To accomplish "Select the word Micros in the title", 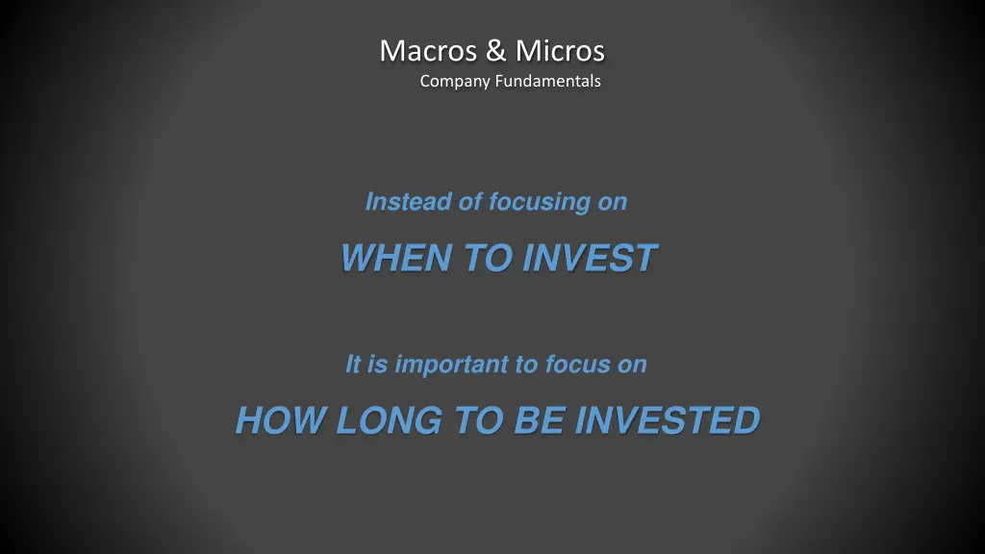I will click(560, 50).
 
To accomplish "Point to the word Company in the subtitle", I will click(455, 82).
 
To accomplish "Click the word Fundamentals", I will click(547, 82).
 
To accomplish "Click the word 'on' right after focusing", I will click(612, 202).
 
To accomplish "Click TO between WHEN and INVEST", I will click(489, 258).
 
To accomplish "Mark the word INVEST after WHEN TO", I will click(590, 258).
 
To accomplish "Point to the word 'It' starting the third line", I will click(353, 365).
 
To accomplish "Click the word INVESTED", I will click(667, 420).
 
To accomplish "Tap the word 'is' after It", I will click(378, 365).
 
